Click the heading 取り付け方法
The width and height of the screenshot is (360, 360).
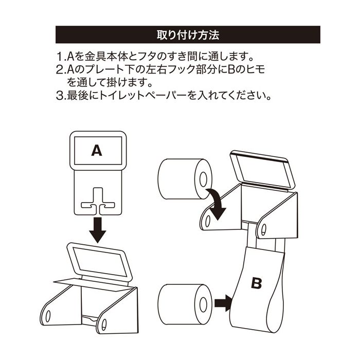(187, 37)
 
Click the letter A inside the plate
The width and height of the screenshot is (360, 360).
(97, 150)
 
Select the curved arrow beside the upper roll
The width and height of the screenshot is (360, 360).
(218, 203)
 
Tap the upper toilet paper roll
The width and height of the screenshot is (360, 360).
(185, 178)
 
